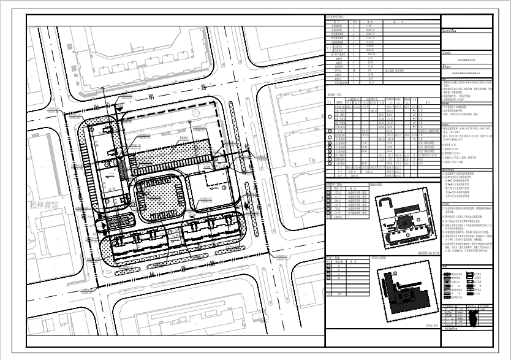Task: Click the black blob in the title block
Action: coord(472,320)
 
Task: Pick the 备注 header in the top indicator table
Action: coord(404,21)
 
